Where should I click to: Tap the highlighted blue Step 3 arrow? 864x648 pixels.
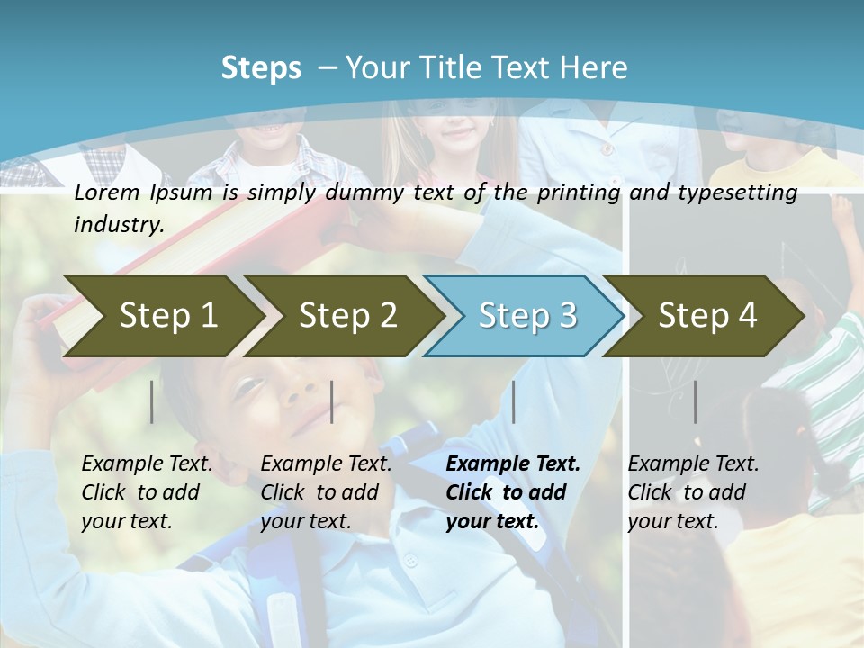(x=527, y=315)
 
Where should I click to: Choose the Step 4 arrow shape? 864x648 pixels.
(x=707, y=315)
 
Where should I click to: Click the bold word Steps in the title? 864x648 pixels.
(x=261, y=68)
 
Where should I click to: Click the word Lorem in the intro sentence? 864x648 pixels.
(x=107, y=193)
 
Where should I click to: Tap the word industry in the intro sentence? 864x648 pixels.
(x=118, y=224)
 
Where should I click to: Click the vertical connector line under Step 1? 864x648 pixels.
(x=152, y=401)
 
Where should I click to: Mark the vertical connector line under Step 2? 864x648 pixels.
(x=332, y=401)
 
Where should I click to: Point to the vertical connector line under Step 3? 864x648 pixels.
(x=513, y=401)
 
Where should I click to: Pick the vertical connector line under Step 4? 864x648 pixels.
(x=695, y=401)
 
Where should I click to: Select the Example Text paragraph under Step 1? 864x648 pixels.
(x=147, y=492)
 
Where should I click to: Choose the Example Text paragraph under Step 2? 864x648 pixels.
(x=326, y=492)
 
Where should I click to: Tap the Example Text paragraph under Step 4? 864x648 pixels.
(x=693, y=492)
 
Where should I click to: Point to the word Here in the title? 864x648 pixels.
(x=593, y=68)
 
